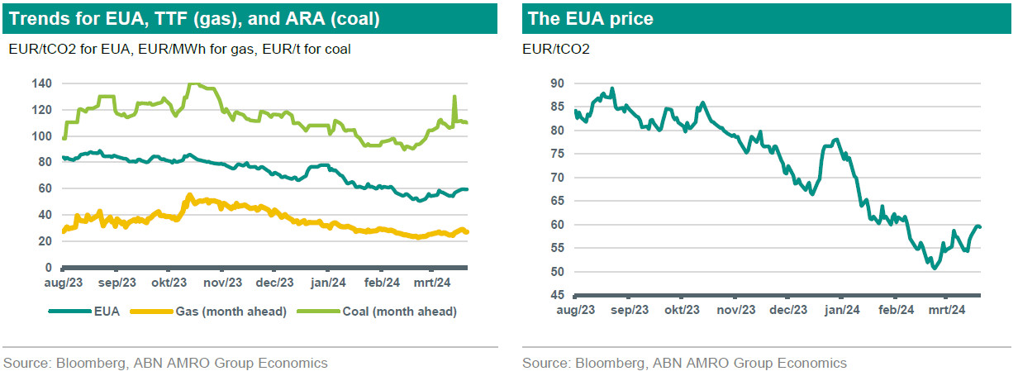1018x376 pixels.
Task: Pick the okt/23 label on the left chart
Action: (169, 283)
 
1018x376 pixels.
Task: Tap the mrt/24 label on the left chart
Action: (433, 283)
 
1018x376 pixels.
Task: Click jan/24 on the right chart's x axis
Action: (842, 310)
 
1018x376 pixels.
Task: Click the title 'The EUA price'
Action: (591, 19)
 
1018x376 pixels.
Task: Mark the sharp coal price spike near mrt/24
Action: (454, 97)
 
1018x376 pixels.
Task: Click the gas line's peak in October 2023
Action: (189, 195)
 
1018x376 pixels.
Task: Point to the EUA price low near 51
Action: (935, 268)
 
